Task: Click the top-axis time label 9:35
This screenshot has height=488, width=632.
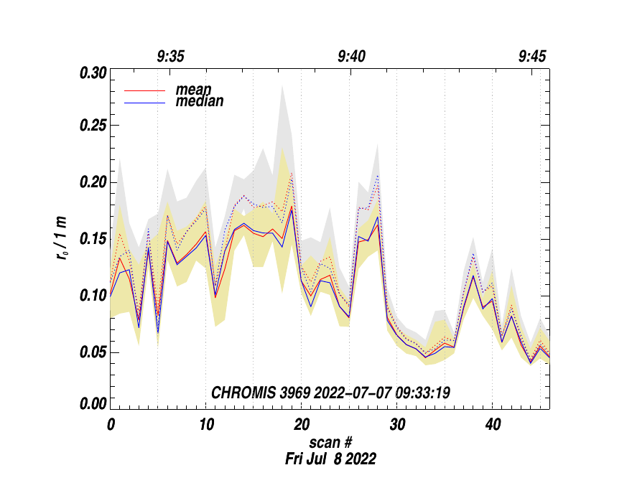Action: pos(171,57)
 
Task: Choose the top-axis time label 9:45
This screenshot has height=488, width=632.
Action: pos(533,57)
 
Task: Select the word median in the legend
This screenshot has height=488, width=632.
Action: pos(200,101)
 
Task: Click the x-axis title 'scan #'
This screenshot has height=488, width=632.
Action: pos(330,441)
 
